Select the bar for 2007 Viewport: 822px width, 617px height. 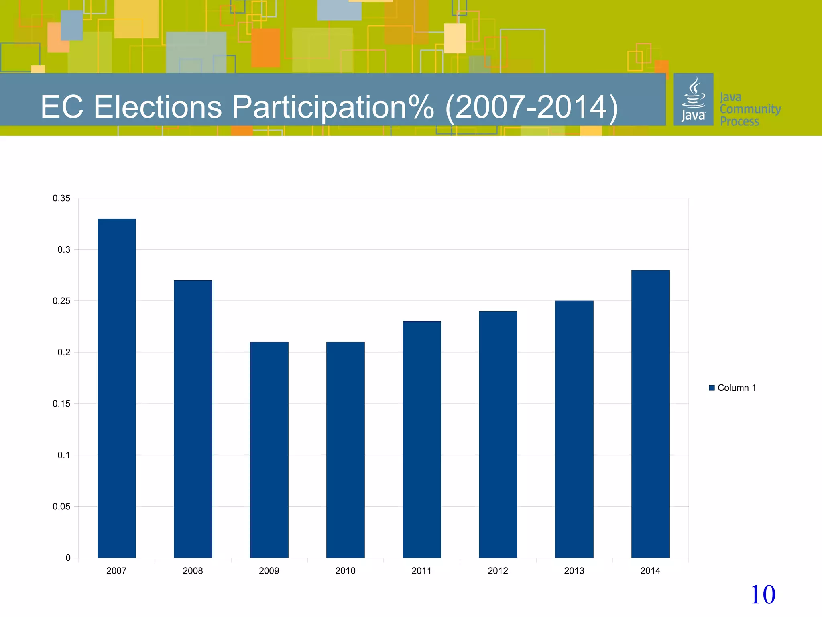[x=116, y=388]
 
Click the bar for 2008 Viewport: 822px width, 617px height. [x=193, y=419]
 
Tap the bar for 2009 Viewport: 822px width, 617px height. [x=269, y=449]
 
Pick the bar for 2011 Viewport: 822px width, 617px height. [x=421, y=439]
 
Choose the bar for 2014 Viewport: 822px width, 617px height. [x=650, y=414]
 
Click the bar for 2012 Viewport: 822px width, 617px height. [x=498, y=434]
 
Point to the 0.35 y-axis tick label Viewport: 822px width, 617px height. [x=61, y=198]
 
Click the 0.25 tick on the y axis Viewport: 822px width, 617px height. [x=61, y=301]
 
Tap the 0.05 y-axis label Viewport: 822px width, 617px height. [x=61, y=507]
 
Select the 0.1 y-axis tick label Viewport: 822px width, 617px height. [x=63, y=455]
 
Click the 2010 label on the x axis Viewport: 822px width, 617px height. [x=345, y=571]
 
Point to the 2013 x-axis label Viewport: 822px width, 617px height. [x=574, y=571]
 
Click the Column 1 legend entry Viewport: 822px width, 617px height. [x=737, y=388]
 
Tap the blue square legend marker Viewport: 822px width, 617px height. [x=712, y=388]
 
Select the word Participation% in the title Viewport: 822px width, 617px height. [x=333, y=107]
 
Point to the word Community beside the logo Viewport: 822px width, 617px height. [x=750, y=109]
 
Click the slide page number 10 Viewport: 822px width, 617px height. [x=763, y=595]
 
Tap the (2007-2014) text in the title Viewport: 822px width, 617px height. [x=532, y=107]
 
